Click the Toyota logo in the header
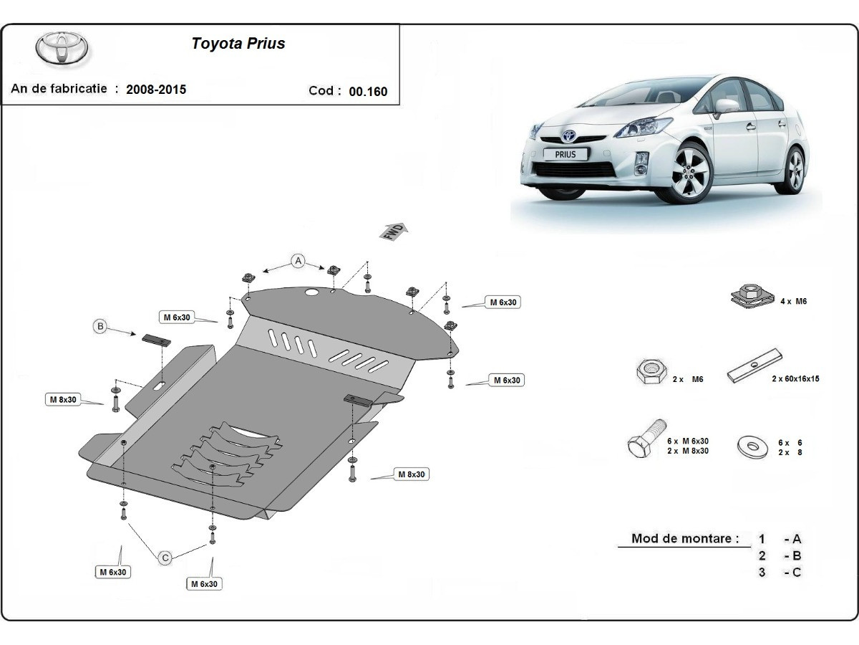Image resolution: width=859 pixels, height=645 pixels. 62,48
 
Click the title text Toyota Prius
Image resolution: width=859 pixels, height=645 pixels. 238,44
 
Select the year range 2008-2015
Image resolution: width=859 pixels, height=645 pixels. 155,90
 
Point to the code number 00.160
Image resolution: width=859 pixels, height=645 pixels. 368,91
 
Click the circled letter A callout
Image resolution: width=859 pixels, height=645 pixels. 298,261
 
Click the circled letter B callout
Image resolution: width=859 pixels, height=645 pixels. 101,327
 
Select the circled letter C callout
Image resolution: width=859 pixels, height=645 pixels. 165,557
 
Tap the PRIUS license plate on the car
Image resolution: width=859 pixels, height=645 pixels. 565,153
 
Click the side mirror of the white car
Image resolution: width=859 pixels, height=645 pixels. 726,105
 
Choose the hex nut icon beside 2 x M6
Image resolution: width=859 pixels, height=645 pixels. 649,371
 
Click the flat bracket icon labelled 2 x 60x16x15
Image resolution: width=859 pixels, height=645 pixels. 754,365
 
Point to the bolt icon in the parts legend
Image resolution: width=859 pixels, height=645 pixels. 646,439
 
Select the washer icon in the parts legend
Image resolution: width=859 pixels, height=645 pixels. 753,446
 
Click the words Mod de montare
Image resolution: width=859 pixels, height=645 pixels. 685,539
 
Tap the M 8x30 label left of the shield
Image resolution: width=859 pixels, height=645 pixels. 63,399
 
